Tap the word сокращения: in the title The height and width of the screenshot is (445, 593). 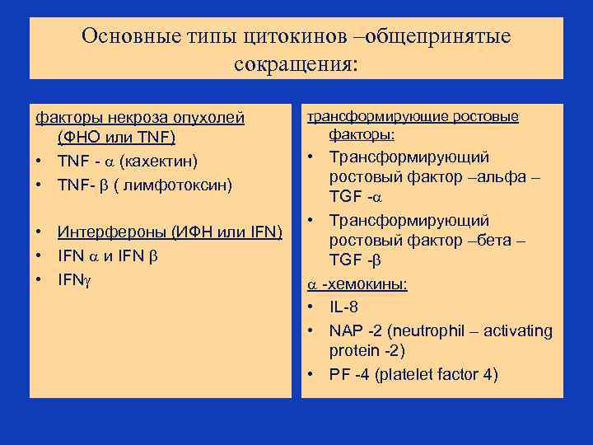click(x=296, y=63)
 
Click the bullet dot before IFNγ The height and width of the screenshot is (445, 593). click(x=40, y=279)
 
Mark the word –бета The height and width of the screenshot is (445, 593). click(x=499, y=241)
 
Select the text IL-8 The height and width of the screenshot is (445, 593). click(x=344, y=307)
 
